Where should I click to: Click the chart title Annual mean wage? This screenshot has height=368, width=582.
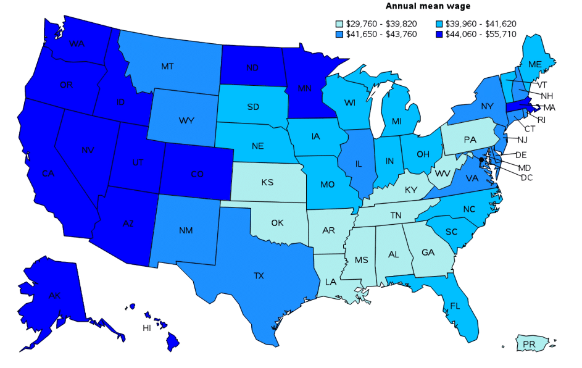[428, 6]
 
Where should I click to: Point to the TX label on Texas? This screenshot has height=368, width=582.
[259, 275]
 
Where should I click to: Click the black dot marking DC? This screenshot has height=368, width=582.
[481, 168]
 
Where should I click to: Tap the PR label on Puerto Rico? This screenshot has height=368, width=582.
[528, 343]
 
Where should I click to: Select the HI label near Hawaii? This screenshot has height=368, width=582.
[147, 328]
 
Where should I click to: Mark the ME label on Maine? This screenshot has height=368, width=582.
[535, 64]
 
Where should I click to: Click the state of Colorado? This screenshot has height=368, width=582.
[196, 174]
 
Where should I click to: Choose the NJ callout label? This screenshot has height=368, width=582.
[523, 140]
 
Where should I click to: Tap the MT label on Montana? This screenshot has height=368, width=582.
[167, 66]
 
